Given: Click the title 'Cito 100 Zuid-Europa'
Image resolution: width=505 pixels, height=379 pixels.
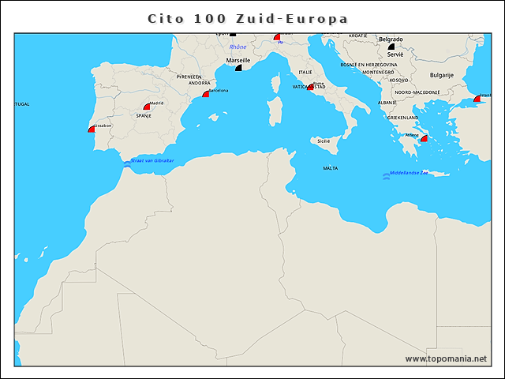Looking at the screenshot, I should point(249,18).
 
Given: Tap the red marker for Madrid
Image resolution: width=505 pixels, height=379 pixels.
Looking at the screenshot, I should point(147,106).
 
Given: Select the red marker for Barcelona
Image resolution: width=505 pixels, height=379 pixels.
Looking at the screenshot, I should point(206,94).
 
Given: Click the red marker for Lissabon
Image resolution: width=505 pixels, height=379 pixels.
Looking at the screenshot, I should point(92,129).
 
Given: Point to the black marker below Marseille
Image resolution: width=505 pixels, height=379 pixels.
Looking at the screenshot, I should point(239,68).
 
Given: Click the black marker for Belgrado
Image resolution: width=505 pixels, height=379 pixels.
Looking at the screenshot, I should point(391,47).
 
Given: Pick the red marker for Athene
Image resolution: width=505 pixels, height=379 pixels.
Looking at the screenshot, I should point(424,138).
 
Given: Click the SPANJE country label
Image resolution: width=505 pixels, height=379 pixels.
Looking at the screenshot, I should point(144,115).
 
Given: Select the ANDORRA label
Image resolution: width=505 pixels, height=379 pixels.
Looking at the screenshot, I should point(200,83).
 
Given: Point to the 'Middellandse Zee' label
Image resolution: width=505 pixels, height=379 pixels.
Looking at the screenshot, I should point(415,173).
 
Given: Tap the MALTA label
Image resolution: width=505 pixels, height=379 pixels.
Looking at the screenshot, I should point(331,168).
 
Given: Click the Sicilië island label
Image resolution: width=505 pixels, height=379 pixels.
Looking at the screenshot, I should point(324,141).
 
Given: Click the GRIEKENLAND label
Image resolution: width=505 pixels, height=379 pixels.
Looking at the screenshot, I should point(402,117).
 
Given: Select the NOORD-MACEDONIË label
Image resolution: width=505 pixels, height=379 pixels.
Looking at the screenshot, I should point(417,92).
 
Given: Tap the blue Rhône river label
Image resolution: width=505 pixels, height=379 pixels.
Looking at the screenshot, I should point(238,47).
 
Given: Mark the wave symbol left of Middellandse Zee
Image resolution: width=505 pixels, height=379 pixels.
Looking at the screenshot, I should point(386,175).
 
